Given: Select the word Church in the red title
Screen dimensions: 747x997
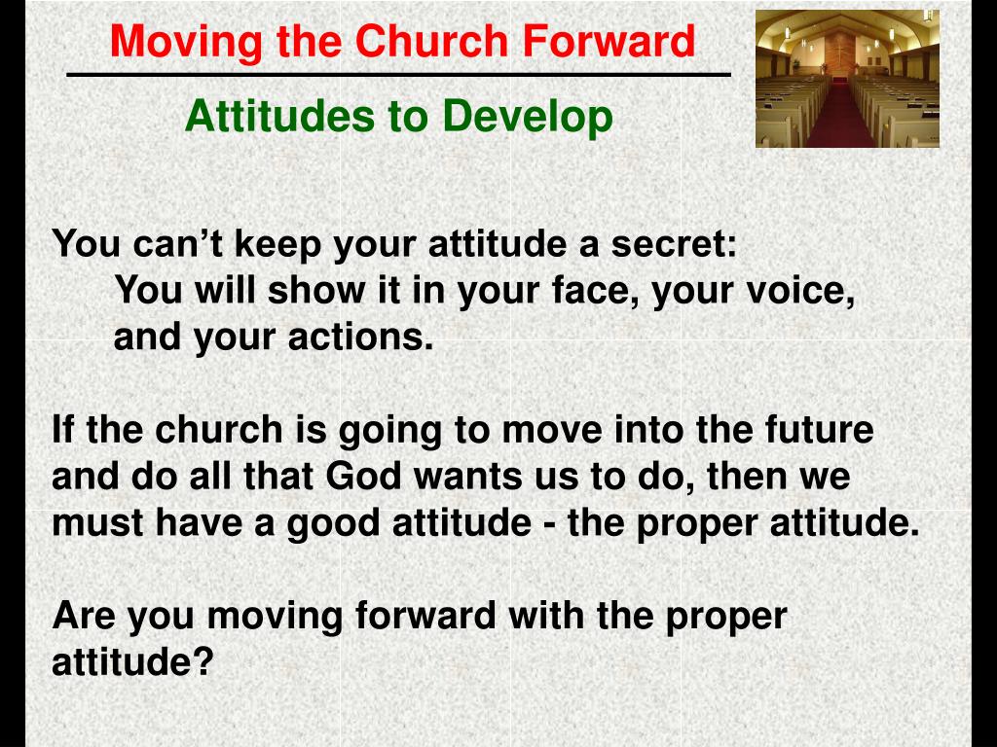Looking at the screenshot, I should click(432, 42).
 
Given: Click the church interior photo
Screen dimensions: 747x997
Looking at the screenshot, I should click(847, 79).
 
